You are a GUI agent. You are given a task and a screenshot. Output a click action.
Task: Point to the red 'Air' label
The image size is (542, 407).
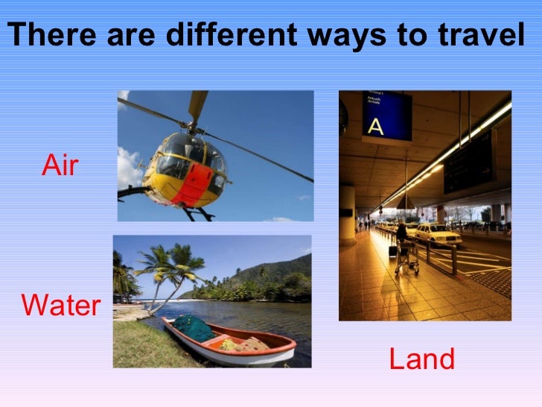tap(60, 166)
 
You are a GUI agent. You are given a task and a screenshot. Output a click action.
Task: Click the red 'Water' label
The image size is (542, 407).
tap(61, 306)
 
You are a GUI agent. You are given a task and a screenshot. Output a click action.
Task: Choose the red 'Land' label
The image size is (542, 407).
tap(421, 359)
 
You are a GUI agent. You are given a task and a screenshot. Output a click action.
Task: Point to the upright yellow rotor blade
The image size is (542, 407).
tap(198, 104)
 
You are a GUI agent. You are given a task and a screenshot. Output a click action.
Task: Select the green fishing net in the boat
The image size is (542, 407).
tap(193, 327)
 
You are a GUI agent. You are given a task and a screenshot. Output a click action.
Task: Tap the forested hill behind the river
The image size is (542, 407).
tap(275, 272)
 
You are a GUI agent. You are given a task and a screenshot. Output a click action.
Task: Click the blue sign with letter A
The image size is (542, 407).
tap(386, 116)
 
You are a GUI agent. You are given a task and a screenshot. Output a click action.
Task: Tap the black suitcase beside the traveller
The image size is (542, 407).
tap(392, 250)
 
